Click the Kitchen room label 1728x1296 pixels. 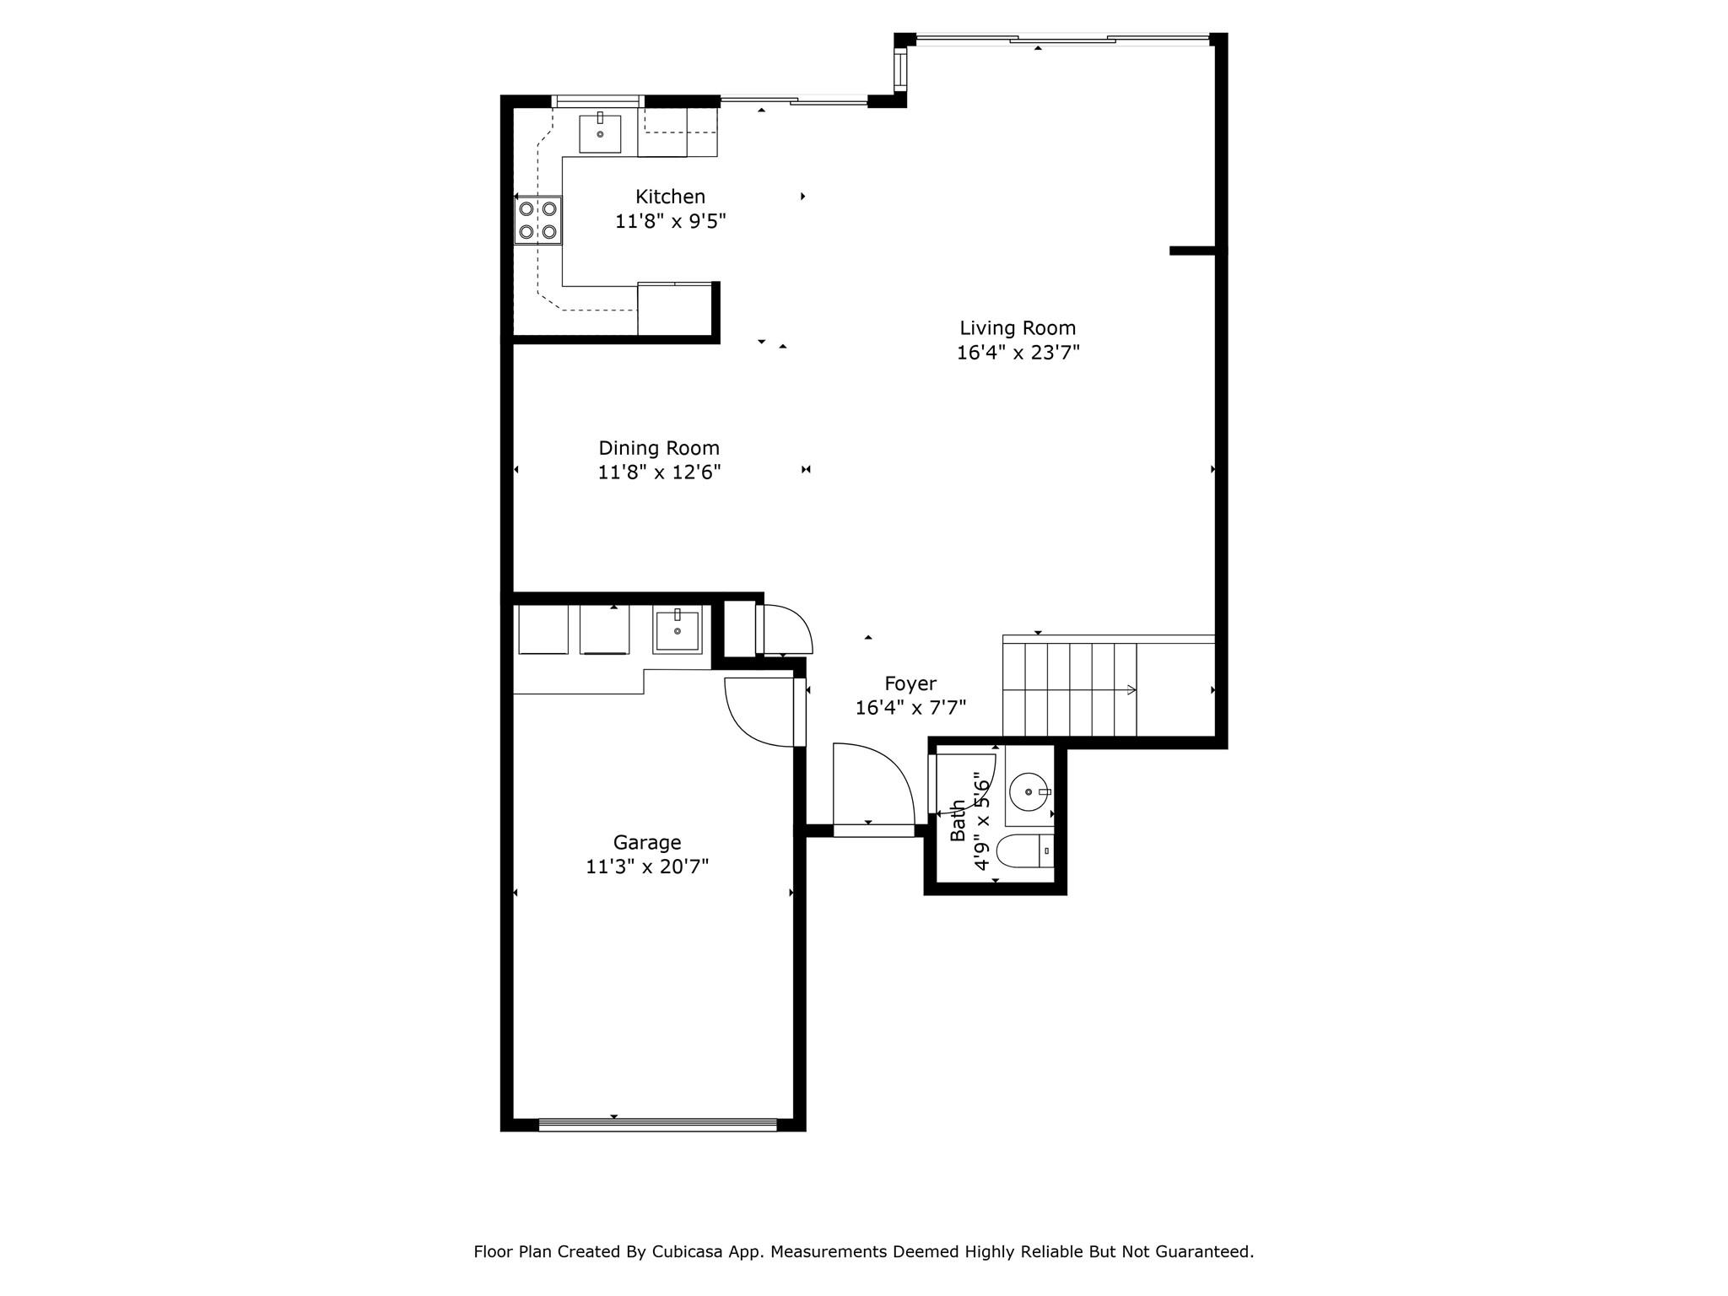point(670,197)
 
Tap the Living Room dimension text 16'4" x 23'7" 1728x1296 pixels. point(1018,353)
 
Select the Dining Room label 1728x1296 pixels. point(659,448)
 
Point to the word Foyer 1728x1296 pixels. point(910,683)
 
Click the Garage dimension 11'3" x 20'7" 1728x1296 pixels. point(647,867)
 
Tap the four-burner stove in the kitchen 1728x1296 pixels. point(538,219)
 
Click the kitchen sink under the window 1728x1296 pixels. point(600,133)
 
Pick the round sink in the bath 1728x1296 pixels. point(1029,792)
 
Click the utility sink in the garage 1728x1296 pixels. point(678,630)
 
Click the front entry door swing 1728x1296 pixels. point(873,789)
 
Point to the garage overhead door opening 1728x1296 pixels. point(657,1124)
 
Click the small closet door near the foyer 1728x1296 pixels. point(786,629)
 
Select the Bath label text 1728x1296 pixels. point(958,820)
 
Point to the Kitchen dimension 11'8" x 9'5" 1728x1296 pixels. point(670,221)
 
